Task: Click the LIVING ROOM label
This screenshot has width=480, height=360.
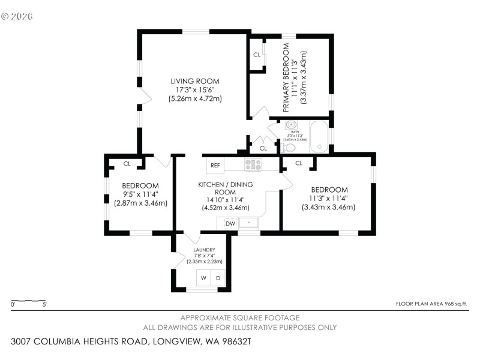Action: pos(195,81)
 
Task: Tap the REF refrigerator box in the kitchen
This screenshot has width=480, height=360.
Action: pos(215,165)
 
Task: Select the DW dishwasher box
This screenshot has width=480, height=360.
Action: pos(230,223)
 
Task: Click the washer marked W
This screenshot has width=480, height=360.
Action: pos(204,278)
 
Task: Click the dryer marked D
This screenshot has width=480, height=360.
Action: pos(219,278)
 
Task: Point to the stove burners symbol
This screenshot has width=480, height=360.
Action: pos(253,164)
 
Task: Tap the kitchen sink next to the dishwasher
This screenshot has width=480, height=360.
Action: pos(248,223)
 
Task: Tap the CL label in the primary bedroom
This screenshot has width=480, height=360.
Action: pos(257,55)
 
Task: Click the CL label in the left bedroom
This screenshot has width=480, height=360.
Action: pos(127,163)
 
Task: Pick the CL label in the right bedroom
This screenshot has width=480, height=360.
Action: pos(298,163)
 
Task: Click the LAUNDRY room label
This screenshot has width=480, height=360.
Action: pos(204,250)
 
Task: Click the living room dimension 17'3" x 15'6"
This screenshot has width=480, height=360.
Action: pos(195,90)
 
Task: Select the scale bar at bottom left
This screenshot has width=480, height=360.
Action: pos(29,301)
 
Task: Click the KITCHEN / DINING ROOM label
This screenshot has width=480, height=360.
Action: pos(226,188)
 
